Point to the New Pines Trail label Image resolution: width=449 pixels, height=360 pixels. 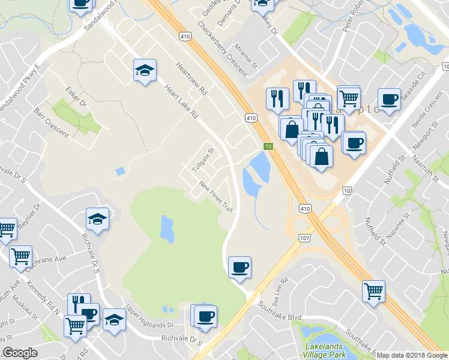[216, 197]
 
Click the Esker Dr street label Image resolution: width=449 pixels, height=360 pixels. [76, 98]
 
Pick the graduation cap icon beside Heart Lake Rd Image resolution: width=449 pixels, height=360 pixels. [145, 70]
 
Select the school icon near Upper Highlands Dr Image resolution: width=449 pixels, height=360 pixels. [114, 319]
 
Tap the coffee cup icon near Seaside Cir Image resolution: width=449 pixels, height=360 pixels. [388, 99]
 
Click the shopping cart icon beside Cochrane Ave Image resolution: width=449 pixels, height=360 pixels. [21, 256]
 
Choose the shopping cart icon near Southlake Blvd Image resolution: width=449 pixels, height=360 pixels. [374, 291]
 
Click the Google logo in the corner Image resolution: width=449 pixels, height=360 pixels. [20, 353]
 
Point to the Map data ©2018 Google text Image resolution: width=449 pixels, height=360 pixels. [412, 355]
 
